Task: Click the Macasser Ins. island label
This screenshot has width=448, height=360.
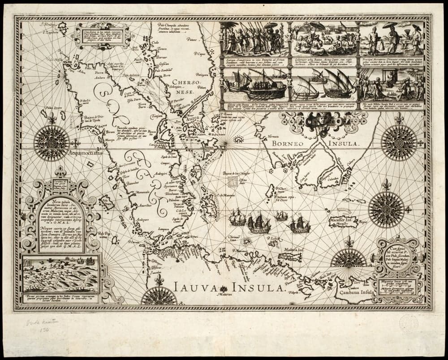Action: [x=342, y=221]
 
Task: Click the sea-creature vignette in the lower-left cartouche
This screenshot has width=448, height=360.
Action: [x=60, y=274]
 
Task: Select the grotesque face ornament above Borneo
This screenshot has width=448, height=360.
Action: [x=323, y=120]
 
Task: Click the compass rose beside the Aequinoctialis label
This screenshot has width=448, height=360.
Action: [x=52, y=143]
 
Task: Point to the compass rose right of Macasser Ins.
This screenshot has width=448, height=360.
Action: [x=386, y=209]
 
